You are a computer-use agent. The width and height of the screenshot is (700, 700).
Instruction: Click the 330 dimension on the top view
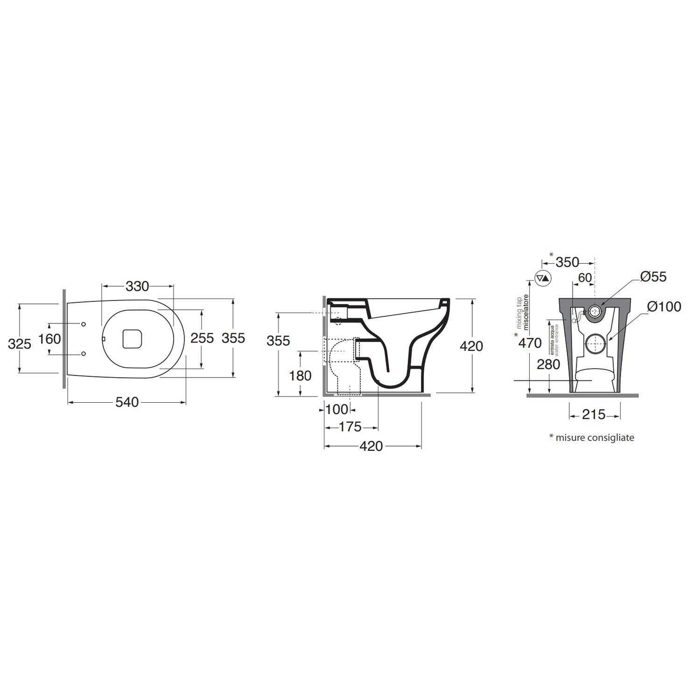coord(137,286)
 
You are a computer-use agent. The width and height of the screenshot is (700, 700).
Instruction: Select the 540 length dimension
coord(127,402)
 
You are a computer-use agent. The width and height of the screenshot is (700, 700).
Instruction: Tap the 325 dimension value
coord(20,344)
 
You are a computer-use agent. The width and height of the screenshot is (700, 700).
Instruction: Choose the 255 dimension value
coord(202,338)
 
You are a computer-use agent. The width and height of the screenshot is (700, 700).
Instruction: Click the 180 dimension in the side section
coord(300,375)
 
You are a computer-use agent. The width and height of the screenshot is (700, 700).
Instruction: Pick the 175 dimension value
coord(350,427)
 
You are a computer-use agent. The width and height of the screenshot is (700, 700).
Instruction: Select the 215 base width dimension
coord(594,414)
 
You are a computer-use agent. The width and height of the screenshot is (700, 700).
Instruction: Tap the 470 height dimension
coord(530,343)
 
